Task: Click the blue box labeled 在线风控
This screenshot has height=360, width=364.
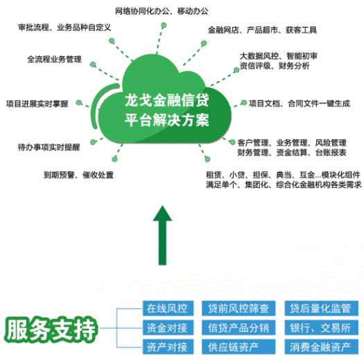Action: [x=168, y=308]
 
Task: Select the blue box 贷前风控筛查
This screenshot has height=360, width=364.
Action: [x=239, y=308]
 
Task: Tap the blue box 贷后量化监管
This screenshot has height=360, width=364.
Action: [x=322, y=308]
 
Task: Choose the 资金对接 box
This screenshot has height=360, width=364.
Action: [x=168, y=327]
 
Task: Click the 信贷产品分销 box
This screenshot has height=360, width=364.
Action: [x=239, y=327]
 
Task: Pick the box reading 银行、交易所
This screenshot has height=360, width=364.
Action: [x=322, y=327]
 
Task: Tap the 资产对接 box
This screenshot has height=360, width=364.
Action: [x=168, y=347]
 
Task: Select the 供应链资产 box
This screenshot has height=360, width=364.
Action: [x=239, y=347]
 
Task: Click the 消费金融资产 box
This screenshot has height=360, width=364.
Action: [x=322, y=347]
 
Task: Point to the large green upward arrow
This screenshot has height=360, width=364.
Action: [x=162, y=235]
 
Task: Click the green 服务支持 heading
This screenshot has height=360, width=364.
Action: [x=50, y=329]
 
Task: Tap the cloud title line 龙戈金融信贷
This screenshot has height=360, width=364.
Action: [x=166, y=100]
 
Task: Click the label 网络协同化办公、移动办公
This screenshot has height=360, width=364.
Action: [x=162, y=11]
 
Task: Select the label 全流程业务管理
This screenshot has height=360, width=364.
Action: [x=54, y=59]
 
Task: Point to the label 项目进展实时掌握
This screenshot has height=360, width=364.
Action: [x=37, y=103]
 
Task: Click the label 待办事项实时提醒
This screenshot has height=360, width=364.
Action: [x=49, y=147]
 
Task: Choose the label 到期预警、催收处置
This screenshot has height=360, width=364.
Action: [x=79, y=175]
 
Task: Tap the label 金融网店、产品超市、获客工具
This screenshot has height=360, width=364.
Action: [x=262, y=30]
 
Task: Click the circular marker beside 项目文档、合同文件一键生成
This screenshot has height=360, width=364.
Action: [x=244, y=103]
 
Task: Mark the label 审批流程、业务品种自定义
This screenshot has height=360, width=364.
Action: [x=64, y=28]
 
